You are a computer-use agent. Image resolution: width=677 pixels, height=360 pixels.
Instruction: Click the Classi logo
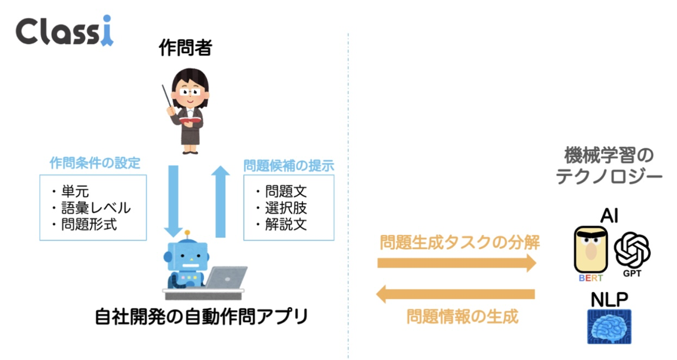(x=64, y=31)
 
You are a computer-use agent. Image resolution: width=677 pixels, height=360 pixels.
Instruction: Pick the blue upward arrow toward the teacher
(x=220, y=202)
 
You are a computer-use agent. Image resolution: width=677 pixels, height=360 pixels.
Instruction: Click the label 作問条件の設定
(x=95, y=164)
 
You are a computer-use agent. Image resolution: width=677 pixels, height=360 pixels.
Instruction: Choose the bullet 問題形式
(x=89, y=224)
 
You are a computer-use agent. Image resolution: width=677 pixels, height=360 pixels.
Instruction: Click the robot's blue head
(x=187, y=258)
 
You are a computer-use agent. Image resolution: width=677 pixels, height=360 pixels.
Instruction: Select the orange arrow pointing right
(x=457, y=262)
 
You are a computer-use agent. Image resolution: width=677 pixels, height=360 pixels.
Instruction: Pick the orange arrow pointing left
(x=456, y=295)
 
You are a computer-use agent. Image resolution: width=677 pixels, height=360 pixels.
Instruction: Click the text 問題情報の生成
(x=463, y=316)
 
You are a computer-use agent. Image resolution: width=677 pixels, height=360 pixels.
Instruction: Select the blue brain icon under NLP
(x=609, y=326)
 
